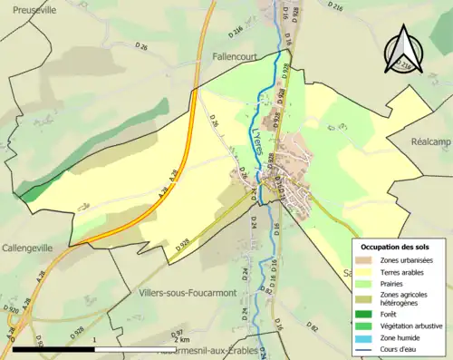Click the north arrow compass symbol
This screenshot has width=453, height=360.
click(400, 51)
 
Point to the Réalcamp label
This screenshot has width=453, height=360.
click(431, 142)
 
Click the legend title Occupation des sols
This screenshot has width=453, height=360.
click(396, 247)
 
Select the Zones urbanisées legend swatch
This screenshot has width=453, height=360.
click(362, 260)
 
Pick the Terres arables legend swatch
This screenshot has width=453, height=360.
click(362, 272)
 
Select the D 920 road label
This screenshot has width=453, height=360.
click(12, 310)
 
